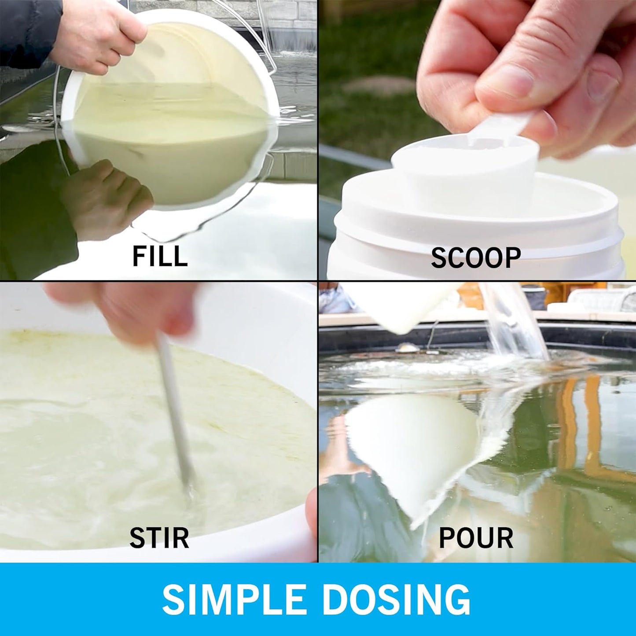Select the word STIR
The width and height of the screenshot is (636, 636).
click(x=159, y=538)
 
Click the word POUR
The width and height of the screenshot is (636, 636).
click(x=476, y=538)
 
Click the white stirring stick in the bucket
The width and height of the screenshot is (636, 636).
click(x=175, y=412)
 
